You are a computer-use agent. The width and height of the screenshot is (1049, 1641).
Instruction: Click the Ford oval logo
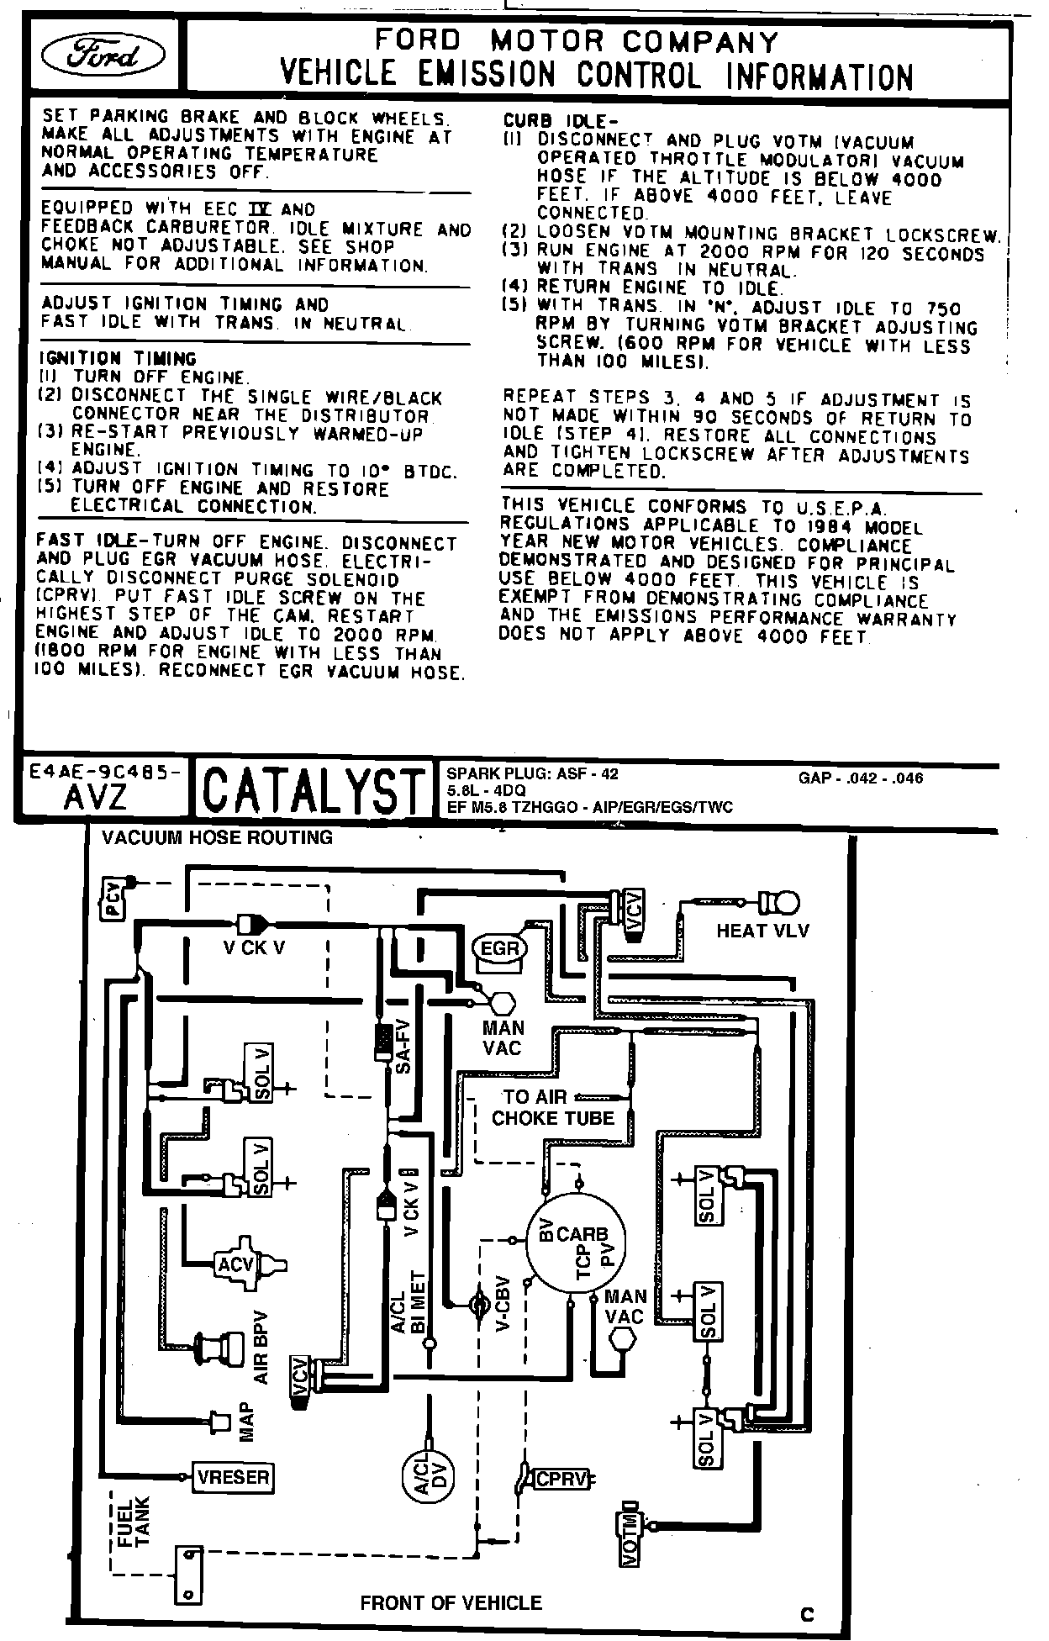[104, 55]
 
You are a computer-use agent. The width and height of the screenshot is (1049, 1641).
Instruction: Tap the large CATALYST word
[311, 789]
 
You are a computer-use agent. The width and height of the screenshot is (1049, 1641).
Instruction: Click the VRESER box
[234, 1476]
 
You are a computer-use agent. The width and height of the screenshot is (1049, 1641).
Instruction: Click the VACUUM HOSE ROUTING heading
[217, 837]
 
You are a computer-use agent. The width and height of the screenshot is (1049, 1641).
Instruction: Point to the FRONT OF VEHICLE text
[451, 1602]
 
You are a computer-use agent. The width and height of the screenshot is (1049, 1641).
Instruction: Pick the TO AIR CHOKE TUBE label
[552, 1107]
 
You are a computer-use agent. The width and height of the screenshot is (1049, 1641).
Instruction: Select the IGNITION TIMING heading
[119, 358]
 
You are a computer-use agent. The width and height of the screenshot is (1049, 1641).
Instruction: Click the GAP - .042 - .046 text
[860, 778]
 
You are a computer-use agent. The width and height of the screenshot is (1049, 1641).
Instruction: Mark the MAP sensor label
[246, 1422]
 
